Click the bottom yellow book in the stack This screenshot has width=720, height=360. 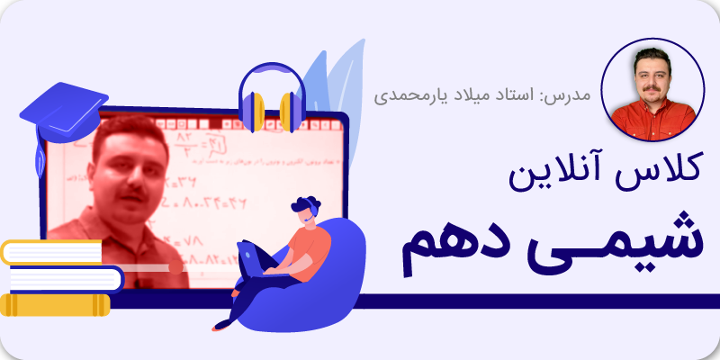coord(54,305)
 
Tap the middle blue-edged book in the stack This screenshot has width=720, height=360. coord(63,279)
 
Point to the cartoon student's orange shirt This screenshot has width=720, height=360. coord(311,245)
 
